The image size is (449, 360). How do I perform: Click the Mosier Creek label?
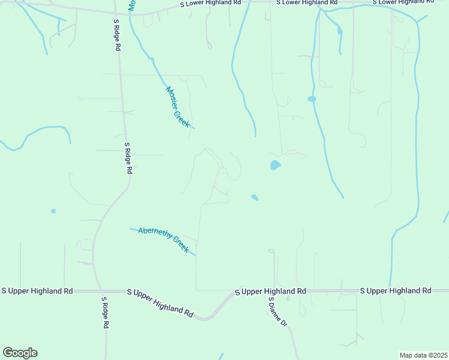tap(178, 107)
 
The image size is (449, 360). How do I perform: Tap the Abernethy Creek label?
tap(163, 238)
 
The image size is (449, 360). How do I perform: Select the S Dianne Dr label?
tap(278, 311)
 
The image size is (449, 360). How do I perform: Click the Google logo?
tap(20, 353)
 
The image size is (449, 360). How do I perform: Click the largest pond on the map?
tap(275, 165)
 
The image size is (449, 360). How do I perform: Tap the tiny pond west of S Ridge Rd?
tap(53, 211)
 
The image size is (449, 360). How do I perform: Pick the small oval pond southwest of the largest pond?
tap(255, 197)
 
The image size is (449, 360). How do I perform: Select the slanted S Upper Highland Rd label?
tap(160, 302)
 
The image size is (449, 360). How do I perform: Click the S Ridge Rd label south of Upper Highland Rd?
tap(104, 313)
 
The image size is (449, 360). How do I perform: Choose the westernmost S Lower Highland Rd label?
tap(211, 3)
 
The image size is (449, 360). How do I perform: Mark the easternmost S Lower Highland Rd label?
tap(403, 3)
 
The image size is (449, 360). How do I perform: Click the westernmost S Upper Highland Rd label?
tap(37, 290)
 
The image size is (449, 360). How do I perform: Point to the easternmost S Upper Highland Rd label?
tap(396, 290)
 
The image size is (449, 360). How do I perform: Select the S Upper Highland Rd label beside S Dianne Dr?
tap(270, 291)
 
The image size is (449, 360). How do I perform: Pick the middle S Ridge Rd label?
tap(128, 158)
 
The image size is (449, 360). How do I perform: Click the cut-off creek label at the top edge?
tap(131, 5)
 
